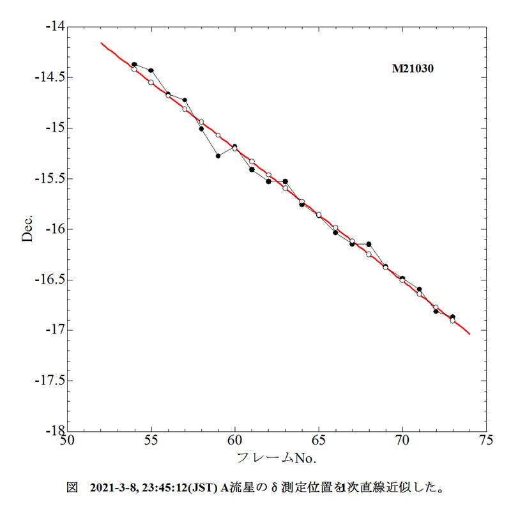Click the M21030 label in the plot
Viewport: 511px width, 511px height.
pos(413,69)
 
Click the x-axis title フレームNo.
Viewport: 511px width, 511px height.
pos(277,457)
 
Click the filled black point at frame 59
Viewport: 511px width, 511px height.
pos(218,155)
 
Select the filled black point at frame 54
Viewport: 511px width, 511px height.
pos(134,65)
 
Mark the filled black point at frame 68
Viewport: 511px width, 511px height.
pos(369,244)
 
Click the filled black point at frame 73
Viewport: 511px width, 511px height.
pos(452,317)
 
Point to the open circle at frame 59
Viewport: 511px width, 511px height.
pos(218,135)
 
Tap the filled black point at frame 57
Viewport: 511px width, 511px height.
pos(185,100)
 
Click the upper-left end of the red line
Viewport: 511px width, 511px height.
pos(101,43)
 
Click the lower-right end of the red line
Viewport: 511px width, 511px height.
pos(469,333)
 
